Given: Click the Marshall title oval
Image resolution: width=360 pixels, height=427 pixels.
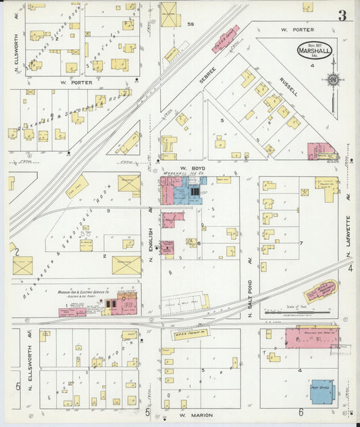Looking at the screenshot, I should (314, 51).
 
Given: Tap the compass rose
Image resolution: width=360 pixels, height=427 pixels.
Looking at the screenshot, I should (332, 80).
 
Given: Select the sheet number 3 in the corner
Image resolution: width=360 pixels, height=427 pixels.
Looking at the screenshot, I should (342, 16).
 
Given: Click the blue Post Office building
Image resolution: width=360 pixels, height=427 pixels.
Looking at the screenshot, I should (324, 391).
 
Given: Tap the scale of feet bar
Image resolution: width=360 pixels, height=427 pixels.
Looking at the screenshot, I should (290, 313).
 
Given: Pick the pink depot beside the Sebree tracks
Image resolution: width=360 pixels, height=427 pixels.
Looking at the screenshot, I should (226, 39).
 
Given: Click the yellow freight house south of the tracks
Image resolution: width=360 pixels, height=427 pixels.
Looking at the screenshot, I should (187, 334).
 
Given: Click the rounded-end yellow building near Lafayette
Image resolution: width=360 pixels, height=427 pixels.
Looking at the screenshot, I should (320, 291).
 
